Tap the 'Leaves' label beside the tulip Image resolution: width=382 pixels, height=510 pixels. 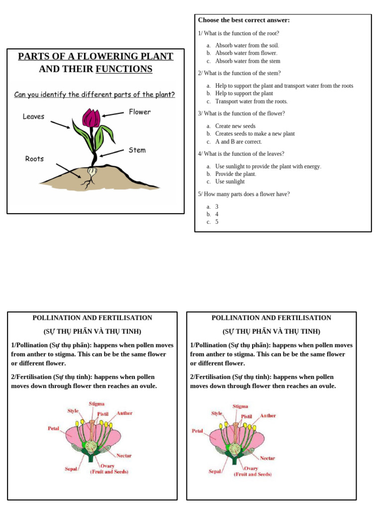click(33, 117)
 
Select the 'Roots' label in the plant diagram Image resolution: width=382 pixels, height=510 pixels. click(34, 159)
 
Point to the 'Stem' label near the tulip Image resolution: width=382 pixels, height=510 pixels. click(137, 150)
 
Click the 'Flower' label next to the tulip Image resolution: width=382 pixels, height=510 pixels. click(140, 112)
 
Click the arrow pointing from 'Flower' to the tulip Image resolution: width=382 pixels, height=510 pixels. click(113, 114)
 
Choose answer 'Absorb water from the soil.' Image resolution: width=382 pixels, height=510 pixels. click(247, 45)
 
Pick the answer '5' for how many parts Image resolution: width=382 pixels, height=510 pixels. click(217, 222)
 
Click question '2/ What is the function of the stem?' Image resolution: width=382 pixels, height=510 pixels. click(239, 73)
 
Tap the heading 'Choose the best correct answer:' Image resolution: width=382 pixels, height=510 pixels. click(244, 20)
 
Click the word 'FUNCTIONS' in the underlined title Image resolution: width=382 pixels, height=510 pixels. click(124, 69)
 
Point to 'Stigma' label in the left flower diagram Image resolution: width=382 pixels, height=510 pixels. click(96, 404)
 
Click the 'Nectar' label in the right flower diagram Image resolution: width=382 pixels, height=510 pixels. click(267, 458)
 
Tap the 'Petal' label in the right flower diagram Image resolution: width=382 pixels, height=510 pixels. click(197, 431)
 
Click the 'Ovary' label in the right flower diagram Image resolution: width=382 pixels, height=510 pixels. click(251, 468)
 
